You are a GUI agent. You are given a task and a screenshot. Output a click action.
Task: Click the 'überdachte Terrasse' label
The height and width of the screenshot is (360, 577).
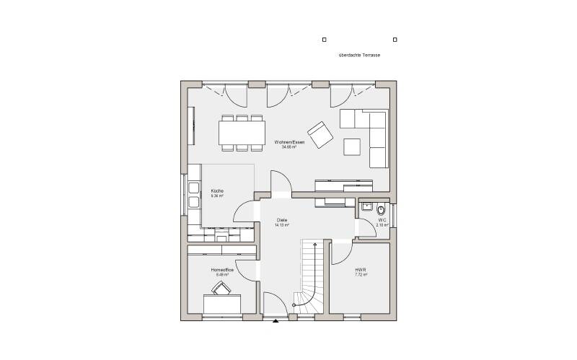[x=359, y=55]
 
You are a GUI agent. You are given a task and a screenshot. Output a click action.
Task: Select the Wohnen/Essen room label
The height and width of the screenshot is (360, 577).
[x=289, y=142]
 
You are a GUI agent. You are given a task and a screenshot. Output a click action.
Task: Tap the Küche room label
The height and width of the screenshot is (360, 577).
[x=217, y=190]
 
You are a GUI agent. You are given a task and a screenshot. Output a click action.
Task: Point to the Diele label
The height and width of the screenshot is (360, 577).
[x=282, y=220]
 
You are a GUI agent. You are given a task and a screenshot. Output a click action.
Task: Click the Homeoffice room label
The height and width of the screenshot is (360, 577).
[x=221, y=270]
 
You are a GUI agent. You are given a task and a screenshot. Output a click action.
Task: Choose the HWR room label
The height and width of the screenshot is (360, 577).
[x=361, y=270]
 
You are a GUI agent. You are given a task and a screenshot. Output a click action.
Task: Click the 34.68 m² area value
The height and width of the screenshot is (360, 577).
[x=289, y=147]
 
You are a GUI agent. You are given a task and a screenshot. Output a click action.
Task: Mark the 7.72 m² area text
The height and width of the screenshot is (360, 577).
[x=361, y=275]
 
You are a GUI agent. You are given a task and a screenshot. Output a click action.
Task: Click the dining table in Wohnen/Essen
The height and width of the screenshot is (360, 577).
[x=242, y=133]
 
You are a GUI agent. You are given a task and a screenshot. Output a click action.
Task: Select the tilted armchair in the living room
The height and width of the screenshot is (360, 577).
[x=319, y=134]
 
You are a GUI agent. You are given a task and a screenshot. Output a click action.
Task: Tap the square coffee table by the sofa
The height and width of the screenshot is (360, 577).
[x=352, y=146]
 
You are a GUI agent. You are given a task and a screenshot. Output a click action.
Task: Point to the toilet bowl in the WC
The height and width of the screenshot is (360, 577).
[x=381, y=211]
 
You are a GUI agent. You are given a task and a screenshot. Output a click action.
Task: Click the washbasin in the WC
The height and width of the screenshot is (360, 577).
[x=366, y=206]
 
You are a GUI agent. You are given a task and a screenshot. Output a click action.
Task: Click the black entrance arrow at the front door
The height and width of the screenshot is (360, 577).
[x=276, y=322]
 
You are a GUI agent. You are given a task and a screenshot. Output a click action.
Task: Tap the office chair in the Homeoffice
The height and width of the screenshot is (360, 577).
[x=221, y=289]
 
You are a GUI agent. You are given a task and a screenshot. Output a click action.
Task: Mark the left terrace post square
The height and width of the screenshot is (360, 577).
[x=325, y=40]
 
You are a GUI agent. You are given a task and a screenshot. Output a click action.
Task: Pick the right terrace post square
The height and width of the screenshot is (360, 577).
[x=395, y=40]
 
